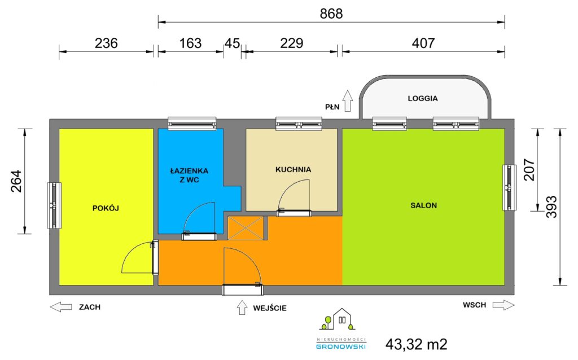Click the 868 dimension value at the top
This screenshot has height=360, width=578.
(x=331, y=14)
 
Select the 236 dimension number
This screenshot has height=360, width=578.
(x=106, y=43)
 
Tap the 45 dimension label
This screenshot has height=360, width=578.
(x=232, y=43)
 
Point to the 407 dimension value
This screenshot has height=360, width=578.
(x=423, y=43)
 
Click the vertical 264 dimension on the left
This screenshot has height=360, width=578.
(x=16, y=181)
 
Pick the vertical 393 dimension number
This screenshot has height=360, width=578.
(x=551, y=207)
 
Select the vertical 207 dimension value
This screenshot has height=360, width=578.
(x=529, y=169)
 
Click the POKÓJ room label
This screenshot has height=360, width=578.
(x=106, y=208)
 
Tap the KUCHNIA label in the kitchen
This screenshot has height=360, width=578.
(x=294, y=169)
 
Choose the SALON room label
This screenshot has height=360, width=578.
(x=423, y=205)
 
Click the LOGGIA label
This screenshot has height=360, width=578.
(x=423, y=98)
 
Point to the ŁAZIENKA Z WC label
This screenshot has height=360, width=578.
(x=190, y=175)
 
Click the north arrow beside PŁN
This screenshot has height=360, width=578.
(x=347, y=100)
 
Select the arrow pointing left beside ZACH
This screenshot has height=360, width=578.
(x=61, y=306)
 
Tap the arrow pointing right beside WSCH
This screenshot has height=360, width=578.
(x=503, y=305)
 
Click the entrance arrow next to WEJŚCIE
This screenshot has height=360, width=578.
(x=242, y=308)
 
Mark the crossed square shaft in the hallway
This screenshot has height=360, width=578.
(x=246, y=228)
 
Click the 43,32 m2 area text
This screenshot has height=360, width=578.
(x=417, y=345)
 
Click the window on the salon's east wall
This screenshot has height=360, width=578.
(x=509, y=187)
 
